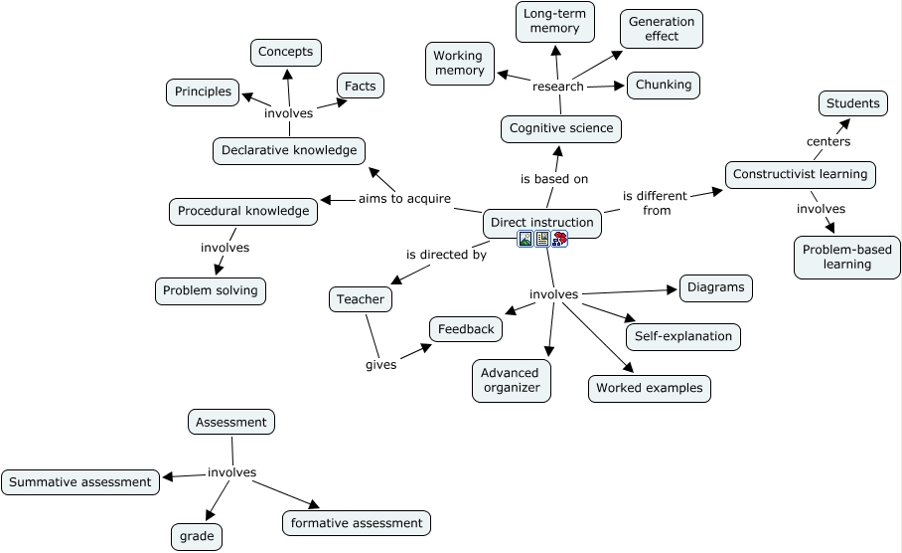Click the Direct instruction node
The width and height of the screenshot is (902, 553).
(541, 223)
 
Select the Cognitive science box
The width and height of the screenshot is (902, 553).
(561, 128)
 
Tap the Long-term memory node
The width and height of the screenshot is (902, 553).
(555, 22)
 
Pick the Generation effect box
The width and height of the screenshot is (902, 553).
(661, 29)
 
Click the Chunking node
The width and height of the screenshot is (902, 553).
(663, 86)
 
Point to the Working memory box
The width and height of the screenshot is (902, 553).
(459, 64)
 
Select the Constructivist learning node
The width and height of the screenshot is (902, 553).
(800, 175)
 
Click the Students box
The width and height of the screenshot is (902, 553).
(852, 103)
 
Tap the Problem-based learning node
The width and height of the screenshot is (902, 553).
(846, 257)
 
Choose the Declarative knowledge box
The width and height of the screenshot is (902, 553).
(289, 151)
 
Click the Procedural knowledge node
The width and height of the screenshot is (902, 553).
(243, 211)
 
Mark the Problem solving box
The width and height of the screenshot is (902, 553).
(211, 290)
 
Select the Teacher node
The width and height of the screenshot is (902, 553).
(360, 299)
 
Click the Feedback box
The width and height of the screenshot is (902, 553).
(466, 329)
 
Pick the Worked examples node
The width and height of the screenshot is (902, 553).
(650, 388)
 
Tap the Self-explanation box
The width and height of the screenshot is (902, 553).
(683, 336)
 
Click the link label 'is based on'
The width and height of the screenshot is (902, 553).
(554, 179)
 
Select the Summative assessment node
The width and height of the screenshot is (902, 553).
(80, 482)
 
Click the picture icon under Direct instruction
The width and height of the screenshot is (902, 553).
(526, 239)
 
